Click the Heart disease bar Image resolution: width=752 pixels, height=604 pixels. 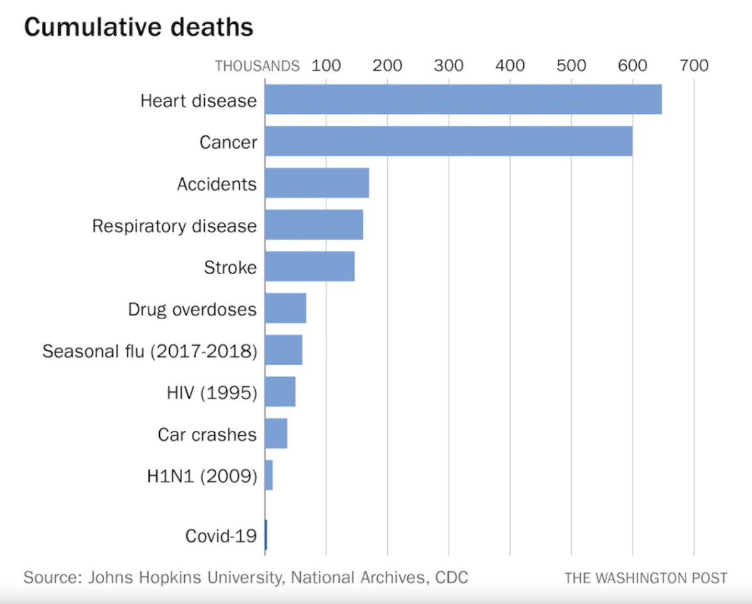coord(462,100)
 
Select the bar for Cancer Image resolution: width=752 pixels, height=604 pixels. coord(448,142)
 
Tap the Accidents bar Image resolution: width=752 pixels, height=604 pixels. coord(316,183)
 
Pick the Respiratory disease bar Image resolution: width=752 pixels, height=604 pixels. coord(313,225)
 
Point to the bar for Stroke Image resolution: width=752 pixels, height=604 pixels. coord(310,267)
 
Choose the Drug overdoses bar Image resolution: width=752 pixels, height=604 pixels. coord(285,308)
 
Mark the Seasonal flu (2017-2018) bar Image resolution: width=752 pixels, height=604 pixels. coord(283,350)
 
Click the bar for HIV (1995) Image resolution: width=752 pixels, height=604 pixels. coord(279,392)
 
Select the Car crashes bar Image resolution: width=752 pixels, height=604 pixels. coord(276,433)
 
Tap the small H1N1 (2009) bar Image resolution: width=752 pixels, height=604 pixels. coord(269,475)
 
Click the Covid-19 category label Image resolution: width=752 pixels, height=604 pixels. coord(221,536)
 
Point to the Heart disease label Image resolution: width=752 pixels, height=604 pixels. coord(198,100)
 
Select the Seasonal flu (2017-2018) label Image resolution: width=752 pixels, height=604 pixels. coord(150,351)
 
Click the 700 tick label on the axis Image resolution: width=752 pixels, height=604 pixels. coord(694,66)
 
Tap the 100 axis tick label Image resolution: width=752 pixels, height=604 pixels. coord(326,66)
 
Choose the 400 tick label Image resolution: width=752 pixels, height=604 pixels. coord(510,66)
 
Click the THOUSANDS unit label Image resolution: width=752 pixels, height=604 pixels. coord(257,66)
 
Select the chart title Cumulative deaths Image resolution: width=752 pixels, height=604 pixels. coord(138,27)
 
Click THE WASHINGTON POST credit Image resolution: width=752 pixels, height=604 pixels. coord(645,578)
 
